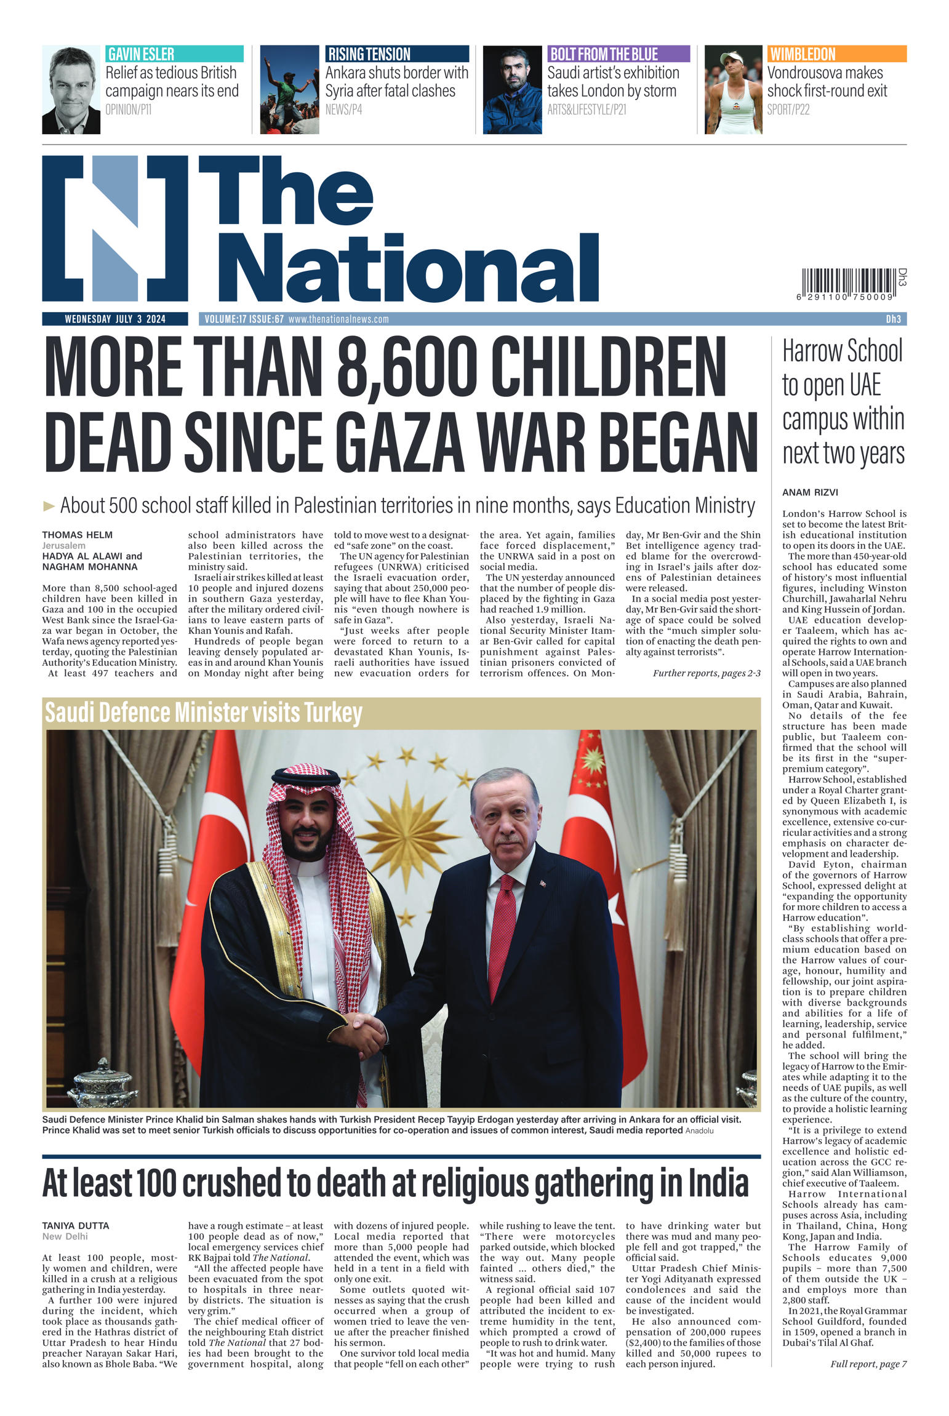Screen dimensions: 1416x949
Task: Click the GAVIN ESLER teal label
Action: (174, 54)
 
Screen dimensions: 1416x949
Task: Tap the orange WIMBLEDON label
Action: (836, 54)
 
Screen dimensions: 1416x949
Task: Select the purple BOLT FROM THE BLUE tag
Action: (618, 54)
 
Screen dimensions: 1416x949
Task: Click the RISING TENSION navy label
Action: (397, 54)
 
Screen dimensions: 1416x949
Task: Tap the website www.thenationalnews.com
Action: (338, 319)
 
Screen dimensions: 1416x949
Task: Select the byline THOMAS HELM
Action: (78, 535)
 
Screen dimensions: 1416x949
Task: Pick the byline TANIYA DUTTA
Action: (76, 1225)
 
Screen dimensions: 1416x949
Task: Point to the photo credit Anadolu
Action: (699, 1130)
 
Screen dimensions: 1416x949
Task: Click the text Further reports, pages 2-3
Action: (706, 673)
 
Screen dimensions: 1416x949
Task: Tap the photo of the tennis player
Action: (733, 89)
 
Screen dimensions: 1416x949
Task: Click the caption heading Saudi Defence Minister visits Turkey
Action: (204, 712)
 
